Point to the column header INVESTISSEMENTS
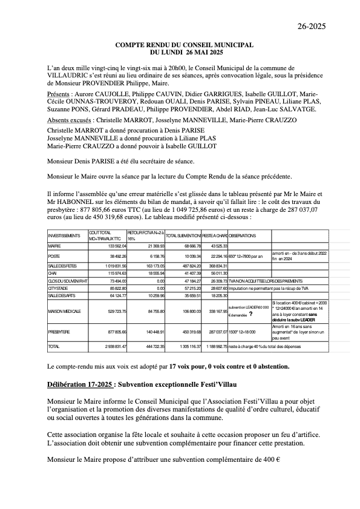(64, 235)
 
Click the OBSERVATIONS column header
(242, 235)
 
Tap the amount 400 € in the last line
(270, 460)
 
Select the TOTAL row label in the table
(54, 346)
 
